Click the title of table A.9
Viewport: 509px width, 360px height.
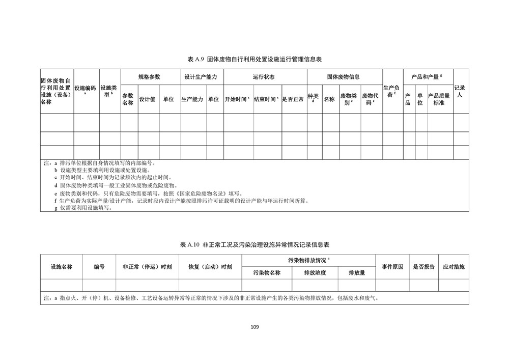point(254,60)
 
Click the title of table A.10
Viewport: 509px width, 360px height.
point(254,245)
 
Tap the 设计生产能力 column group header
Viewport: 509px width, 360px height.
point(201,77)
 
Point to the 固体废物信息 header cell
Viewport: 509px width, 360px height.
point(344,77)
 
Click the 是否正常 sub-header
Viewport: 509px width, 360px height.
point(294,99)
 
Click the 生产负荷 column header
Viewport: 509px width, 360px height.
point(392,91)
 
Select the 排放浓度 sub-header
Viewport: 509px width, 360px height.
point(315,272)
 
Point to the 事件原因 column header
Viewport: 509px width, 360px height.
point(392,266)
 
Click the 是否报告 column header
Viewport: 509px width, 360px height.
point(423,266)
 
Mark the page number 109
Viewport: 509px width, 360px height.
point(255,326)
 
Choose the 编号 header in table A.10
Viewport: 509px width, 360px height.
point(99,266)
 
